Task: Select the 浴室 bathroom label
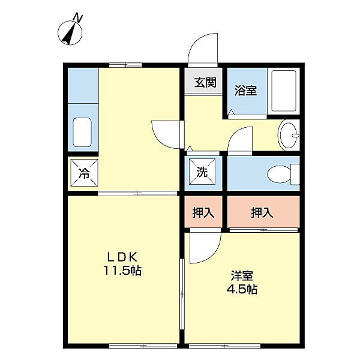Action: tap(245, 91)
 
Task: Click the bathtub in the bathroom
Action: tap(283, 91)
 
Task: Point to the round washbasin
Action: tap(290, 136)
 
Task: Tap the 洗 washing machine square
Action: tap(202, 173)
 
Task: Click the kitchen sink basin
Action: tap(82, 133)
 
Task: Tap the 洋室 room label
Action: tap(243, 276)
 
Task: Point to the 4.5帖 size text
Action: tap(243, 290)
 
